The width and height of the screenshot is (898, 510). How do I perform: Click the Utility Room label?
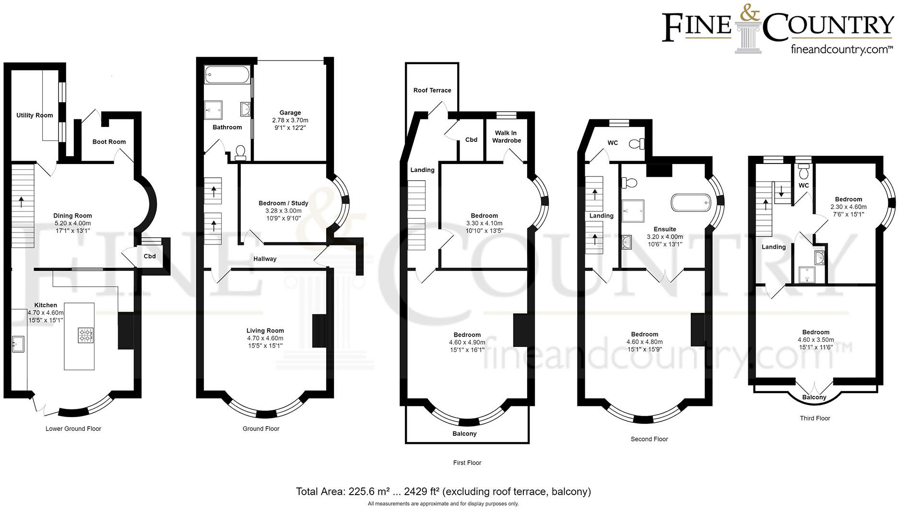(x=35, y=116)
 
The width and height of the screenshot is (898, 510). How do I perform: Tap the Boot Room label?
(x=109, y=142)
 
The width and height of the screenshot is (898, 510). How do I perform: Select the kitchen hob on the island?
(x=86, y=335)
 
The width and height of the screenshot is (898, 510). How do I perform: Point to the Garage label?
(x=290, y=113)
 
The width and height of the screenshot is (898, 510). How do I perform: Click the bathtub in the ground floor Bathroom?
(x=227, y=75)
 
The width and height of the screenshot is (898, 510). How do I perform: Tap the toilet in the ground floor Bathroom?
(x=240, y=152)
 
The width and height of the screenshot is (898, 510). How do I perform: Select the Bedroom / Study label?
(x=283, y=203)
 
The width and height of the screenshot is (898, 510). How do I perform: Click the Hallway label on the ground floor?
(x=265, y=259)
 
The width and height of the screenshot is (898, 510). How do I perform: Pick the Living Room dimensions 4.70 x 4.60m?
(x=265, y=338)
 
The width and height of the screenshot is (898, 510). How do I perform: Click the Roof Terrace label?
(x=432, y=90)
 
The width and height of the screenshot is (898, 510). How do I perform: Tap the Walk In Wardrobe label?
(x=506, y=137)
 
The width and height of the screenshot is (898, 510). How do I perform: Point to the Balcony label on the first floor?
(x=464, y=434)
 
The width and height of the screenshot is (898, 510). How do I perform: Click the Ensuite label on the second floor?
(x=664, y=229)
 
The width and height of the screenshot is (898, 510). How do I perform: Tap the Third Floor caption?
(x=815, y=418)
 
